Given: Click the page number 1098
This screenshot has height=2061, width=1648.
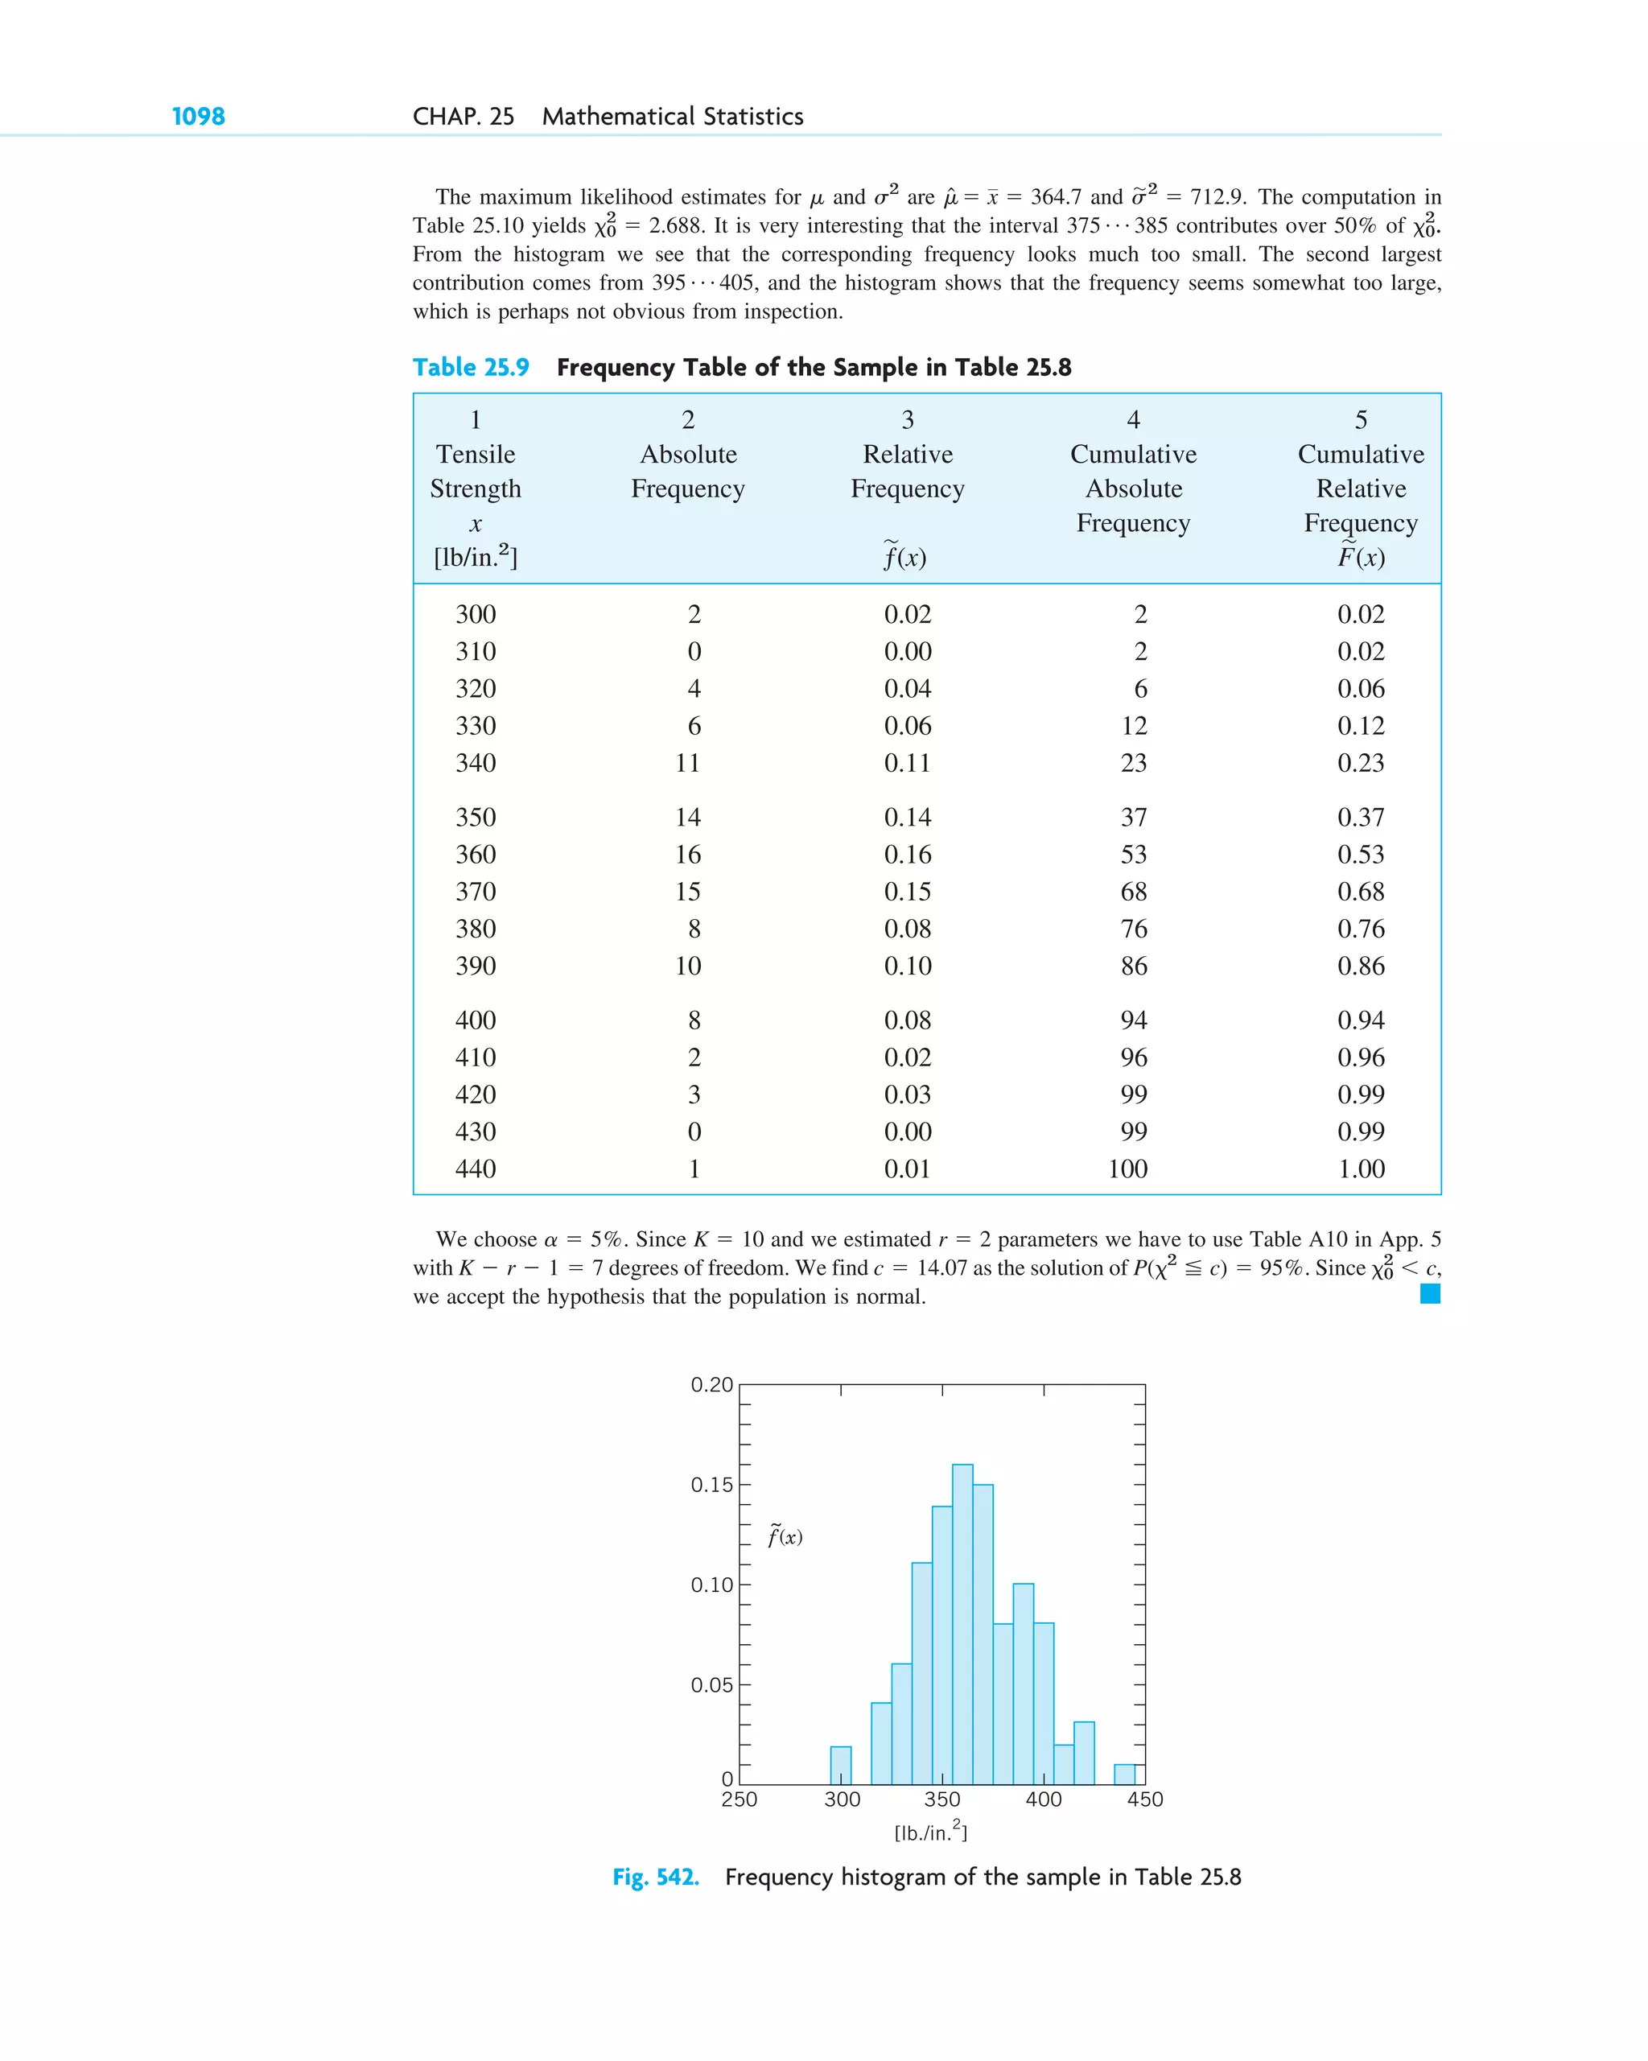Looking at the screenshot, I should coord(198,117).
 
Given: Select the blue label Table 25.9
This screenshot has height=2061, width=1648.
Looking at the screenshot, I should coord(470,367).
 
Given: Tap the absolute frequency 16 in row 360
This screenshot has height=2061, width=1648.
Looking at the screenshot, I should coord(687,855).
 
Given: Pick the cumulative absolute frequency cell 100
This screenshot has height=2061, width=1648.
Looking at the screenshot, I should coord(1127,1169).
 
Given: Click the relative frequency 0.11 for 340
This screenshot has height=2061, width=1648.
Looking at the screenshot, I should coord(906,763).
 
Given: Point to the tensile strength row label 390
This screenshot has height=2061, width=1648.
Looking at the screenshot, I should coord(475,966).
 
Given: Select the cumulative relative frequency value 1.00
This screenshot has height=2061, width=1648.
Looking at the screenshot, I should coord(1360,1169).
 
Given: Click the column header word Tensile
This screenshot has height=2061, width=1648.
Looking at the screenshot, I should coord(475,454).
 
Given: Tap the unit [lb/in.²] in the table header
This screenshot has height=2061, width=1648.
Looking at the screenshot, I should coord(475,556).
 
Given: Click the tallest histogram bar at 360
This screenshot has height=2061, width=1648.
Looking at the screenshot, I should coord(962,1625).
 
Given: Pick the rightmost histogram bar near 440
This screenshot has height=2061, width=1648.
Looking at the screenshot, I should coord(1124,1775).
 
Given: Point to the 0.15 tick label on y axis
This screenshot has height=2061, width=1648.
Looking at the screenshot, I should coord(711,1485).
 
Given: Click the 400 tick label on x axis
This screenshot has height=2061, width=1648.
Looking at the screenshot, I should coord(1043,1799).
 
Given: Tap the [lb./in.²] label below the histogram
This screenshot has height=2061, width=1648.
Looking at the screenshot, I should coord(930,1832).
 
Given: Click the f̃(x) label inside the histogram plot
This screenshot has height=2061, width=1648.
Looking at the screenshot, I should coord(785,1536).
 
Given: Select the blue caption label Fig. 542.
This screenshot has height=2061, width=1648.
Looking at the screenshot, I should coord(655,1877).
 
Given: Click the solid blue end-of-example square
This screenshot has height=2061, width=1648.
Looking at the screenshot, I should coord(1429,1293).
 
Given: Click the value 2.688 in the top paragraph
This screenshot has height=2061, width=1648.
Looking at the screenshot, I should coord(677,225).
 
